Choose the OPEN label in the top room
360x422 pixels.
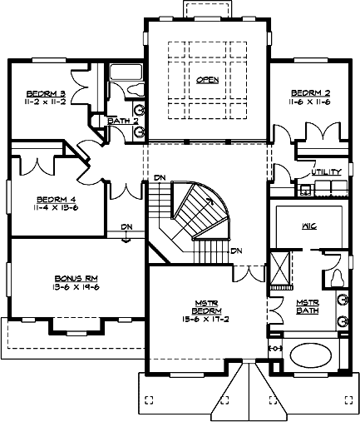207,80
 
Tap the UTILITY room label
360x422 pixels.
326,172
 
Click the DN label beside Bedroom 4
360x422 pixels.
126,226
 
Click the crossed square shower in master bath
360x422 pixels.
281,268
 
